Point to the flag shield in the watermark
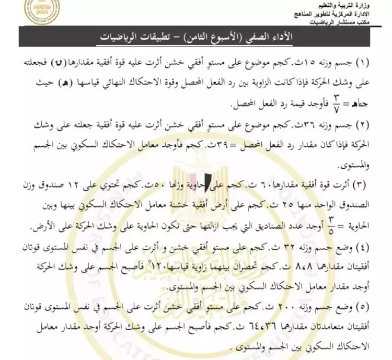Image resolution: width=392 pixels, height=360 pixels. click(x=215, y=180)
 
